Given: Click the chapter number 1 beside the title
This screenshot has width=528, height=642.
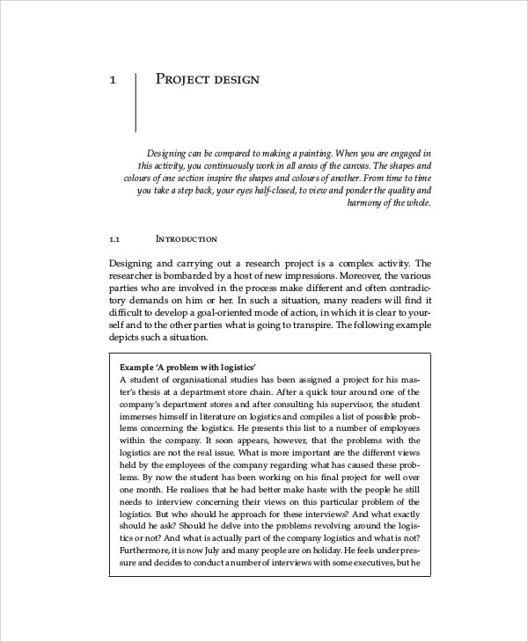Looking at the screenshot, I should click(113, 80).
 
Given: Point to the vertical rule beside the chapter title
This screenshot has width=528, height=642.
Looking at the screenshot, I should click(136, 102).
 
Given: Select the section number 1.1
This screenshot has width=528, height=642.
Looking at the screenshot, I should click(114, 238).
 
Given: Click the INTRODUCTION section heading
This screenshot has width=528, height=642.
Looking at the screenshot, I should click(186, 238).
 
